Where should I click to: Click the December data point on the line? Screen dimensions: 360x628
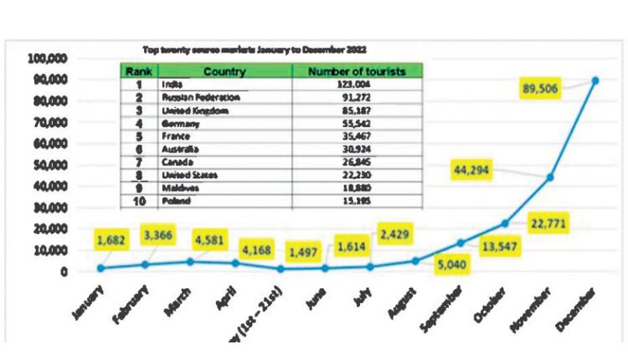point(595,80)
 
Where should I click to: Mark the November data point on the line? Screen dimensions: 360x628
point(550,177)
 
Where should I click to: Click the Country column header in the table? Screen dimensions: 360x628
point(224,72)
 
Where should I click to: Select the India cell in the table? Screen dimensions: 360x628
point(172,85)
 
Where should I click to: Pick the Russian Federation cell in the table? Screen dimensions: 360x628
point(190,97)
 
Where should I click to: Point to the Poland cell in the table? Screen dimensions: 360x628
point(174,201)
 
